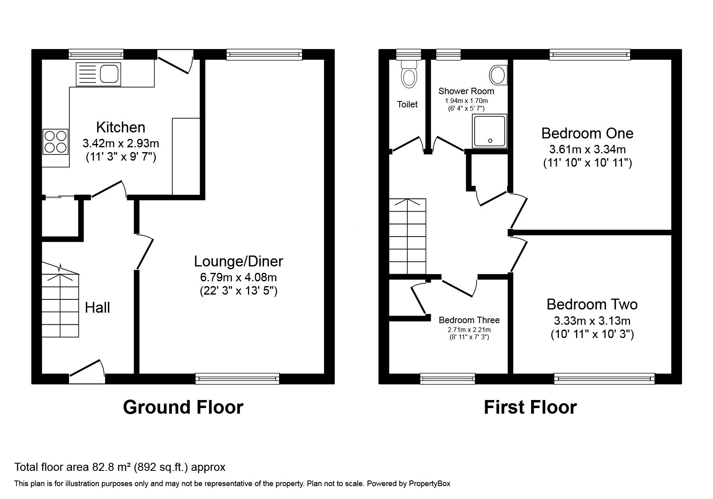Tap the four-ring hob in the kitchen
(55, 142)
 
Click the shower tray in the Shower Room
(490, 131)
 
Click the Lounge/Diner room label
(238, 262)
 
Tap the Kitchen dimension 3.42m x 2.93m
(121, 143)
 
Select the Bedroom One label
(587, 133)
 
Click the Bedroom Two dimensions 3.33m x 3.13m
(592, 321)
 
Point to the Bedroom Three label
(469, 320)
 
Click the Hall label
(97, 308)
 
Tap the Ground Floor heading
(183, 407)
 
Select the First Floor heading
(530, 407)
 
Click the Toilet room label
(407, 105)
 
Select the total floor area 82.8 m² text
(120, 467)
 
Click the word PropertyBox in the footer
(430, 484)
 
